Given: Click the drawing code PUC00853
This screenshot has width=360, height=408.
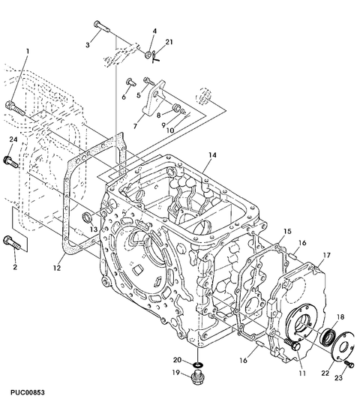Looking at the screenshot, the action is pyautogui.click(x=28, y=392).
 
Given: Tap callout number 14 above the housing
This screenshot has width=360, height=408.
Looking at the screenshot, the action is pyautogui.click(x=212, y=155).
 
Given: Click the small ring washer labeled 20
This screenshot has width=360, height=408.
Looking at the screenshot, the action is pyautogui.click(x=199, y=364).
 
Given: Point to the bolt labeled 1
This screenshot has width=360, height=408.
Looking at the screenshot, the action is pyautogui.click(x=15, y=109).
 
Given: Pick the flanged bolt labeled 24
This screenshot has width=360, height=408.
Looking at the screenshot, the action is pyautogui.click(x=11, y=162).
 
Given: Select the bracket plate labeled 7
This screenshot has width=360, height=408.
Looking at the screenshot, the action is pyautogui.click(x=154, y=97).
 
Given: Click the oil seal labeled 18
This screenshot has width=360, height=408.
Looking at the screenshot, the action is pyautogui.click(x=328, y=337).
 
